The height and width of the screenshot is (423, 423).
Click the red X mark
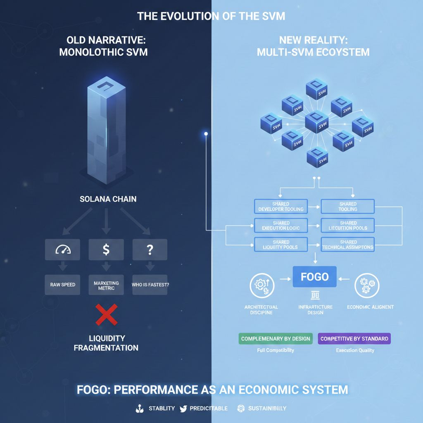106,314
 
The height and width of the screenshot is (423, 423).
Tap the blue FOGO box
315,277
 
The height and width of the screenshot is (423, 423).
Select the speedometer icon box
62,249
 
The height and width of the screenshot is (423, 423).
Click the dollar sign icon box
106,249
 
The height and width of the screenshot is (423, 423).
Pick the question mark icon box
150,249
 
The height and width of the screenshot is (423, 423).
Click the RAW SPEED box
62,285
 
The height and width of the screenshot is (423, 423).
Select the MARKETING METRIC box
106,285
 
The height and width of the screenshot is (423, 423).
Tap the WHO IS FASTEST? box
150,285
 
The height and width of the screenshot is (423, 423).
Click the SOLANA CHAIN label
108,199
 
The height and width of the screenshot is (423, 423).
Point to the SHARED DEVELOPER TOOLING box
281,207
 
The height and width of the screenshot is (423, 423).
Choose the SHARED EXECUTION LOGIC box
281,226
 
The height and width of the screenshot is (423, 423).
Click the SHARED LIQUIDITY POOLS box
281,245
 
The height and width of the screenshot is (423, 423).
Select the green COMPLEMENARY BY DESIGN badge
276,339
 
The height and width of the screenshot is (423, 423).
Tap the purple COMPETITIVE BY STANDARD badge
354,339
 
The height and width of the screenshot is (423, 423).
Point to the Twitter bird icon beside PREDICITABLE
183,409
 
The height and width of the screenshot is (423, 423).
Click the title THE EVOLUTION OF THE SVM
211,17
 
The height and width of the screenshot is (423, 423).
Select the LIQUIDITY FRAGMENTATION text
106,343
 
